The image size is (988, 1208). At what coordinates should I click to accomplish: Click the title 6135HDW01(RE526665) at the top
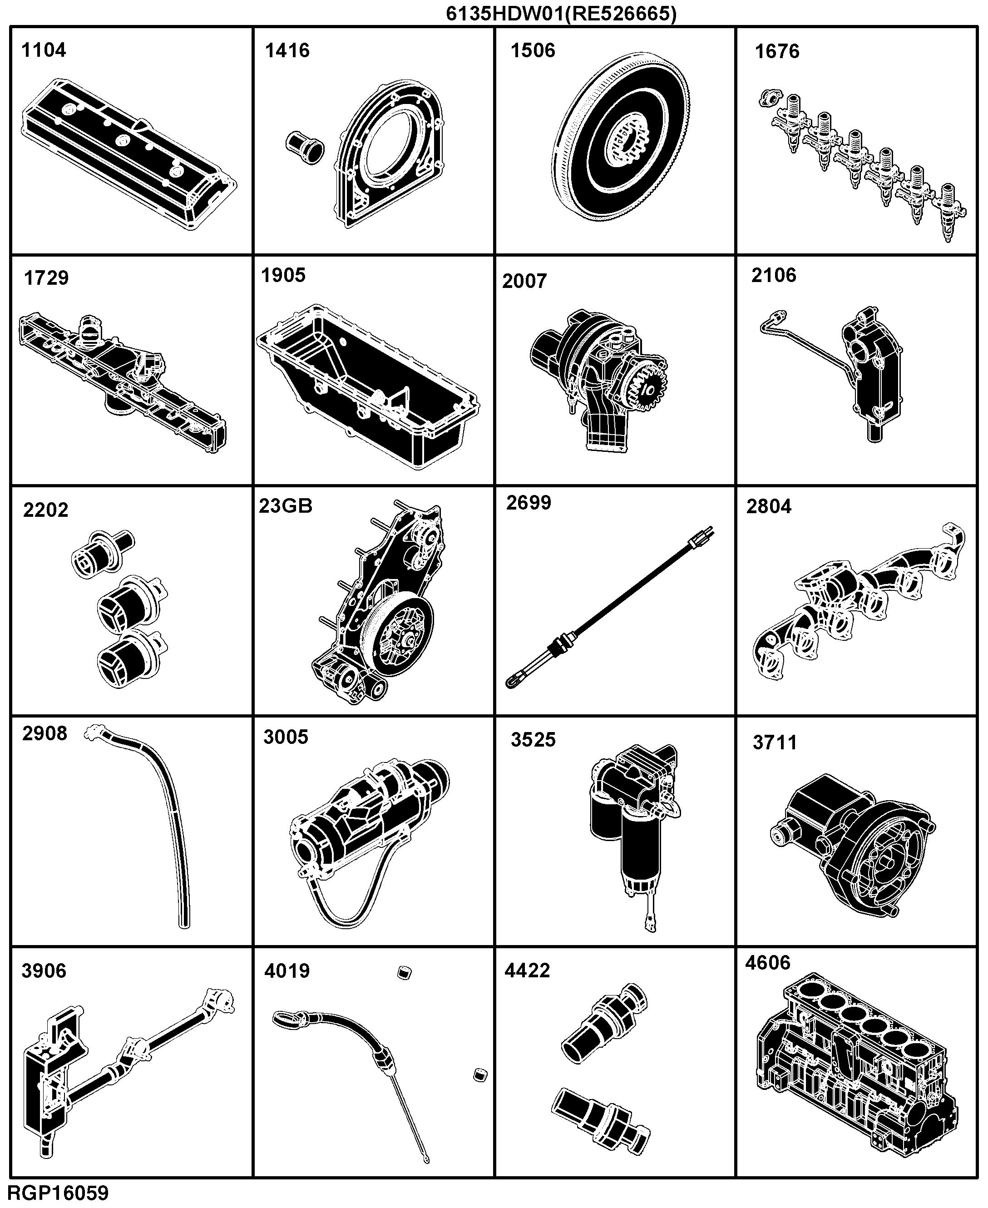[x=561, y=13]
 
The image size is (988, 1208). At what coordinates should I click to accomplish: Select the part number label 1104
[x=44, y=50]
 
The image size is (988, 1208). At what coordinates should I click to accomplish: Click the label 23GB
[x=286, y=505]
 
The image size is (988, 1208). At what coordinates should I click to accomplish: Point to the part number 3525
[x=533, y=739]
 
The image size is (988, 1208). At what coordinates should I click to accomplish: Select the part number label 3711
[x=775, y=743]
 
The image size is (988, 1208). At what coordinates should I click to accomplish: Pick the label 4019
[x=287, y=970]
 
